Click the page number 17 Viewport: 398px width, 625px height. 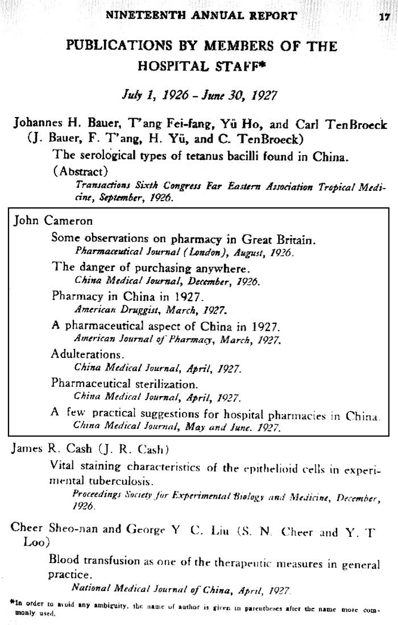(383, 16)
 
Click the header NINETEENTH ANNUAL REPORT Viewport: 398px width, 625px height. (201, 15)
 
